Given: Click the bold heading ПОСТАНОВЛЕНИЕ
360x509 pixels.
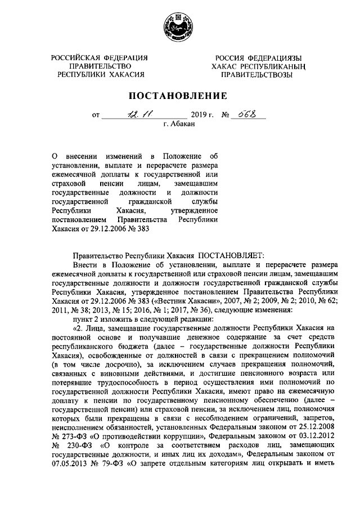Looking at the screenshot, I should (x=179, y=95).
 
